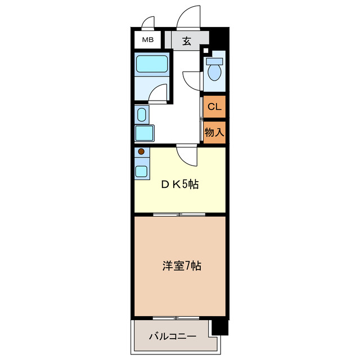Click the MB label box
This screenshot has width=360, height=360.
click(147, 40)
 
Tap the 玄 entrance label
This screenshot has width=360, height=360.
click(186, 40)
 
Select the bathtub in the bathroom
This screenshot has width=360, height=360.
click(152, 64)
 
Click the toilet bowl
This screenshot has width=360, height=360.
click(214, 70)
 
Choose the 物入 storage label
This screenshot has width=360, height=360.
click(214, 133)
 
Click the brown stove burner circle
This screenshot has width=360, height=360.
click(141, 151)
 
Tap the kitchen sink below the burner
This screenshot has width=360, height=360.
click(141, 171)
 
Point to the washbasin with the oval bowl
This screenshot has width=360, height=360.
click(141, 115)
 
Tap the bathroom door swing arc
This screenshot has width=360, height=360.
click(159, 93)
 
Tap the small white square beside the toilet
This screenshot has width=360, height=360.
click(205, 50)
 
